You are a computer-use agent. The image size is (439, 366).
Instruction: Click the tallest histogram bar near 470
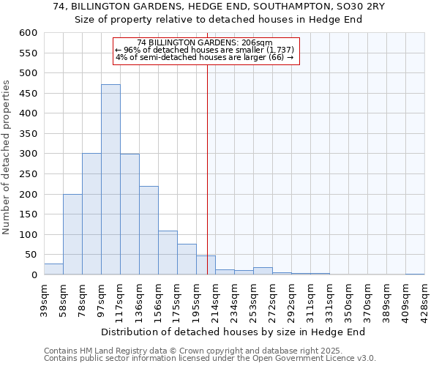pos(110,179)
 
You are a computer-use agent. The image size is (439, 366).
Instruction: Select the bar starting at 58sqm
pos(72,234)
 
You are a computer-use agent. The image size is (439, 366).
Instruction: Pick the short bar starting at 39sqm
pos(53,269)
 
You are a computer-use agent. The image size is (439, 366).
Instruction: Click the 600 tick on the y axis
pos(28,33)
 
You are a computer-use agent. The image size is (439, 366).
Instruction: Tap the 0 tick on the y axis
pos(33,275)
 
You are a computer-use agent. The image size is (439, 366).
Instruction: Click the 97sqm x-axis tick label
pos(101,296)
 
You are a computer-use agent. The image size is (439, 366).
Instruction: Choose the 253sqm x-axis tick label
pos(253,296)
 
